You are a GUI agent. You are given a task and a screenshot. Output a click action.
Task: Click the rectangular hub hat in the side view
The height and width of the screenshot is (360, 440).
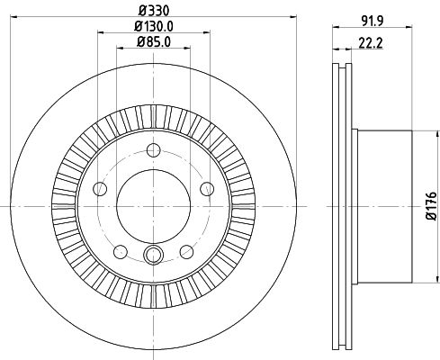pos(382,206)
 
